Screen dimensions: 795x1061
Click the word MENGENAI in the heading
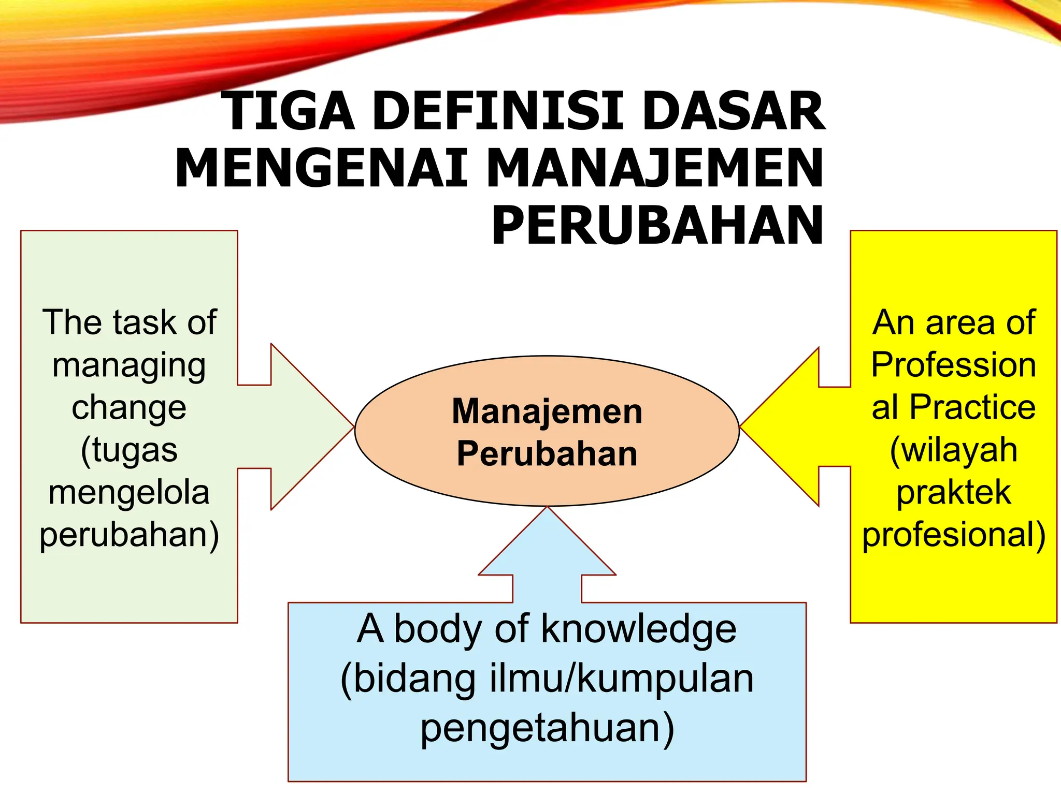point(321,169)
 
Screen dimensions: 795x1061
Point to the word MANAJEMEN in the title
point(655,169)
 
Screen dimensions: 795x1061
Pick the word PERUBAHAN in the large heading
point(657,226)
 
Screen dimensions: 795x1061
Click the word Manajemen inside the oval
point(547,411)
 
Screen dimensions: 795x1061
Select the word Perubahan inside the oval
point(547,454)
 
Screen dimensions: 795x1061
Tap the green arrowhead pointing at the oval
point(306,427)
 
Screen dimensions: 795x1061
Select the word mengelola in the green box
point(129,493)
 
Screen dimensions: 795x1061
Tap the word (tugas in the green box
point(129,450)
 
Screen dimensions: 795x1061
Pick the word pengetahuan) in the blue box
point(547,728)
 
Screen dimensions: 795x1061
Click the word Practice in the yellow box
point(972,407)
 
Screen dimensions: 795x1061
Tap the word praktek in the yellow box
point(954,492)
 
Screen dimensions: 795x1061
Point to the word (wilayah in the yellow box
point(954,450)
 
